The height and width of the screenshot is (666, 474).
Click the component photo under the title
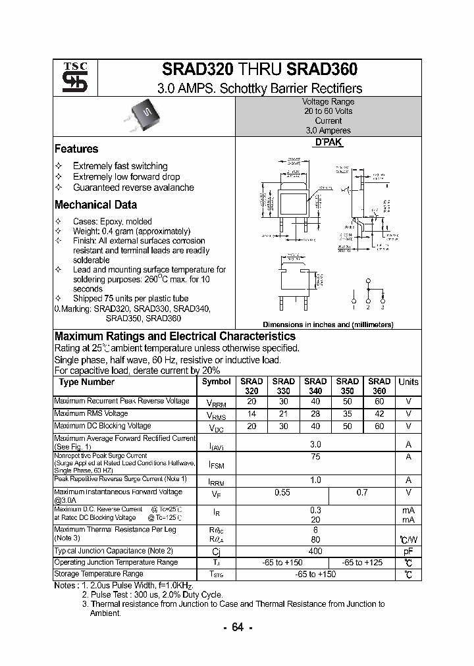point(148,115)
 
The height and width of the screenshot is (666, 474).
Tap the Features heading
point(76,149)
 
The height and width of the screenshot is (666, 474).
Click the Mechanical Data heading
point(95,205)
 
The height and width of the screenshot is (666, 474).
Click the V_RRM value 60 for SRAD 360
point(379,401)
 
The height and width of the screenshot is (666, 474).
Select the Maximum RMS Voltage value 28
point(315,414)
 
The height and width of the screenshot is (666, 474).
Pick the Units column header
point(408,382)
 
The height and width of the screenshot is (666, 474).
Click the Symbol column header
point(216,382)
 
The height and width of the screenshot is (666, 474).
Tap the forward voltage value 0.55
point(282,492)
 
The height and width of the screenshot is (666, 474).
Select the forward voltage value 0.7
point(362,492)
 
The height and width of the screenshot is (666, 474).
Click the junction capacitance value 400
point(315,551)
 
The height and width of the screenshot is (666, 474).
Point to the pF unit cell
point(408,551)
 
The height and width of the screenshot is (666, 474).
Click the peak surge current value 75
point(315,456)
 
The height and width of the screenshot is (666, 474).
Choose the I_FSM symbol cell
point(216,465)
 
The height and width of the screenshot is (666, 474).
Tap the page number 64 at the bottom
point(238,628)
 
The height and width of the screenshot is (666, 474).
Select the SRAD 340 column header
point(315,386)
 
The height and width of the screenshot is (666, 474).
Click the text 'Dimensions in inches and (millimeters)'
point(328,324)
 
